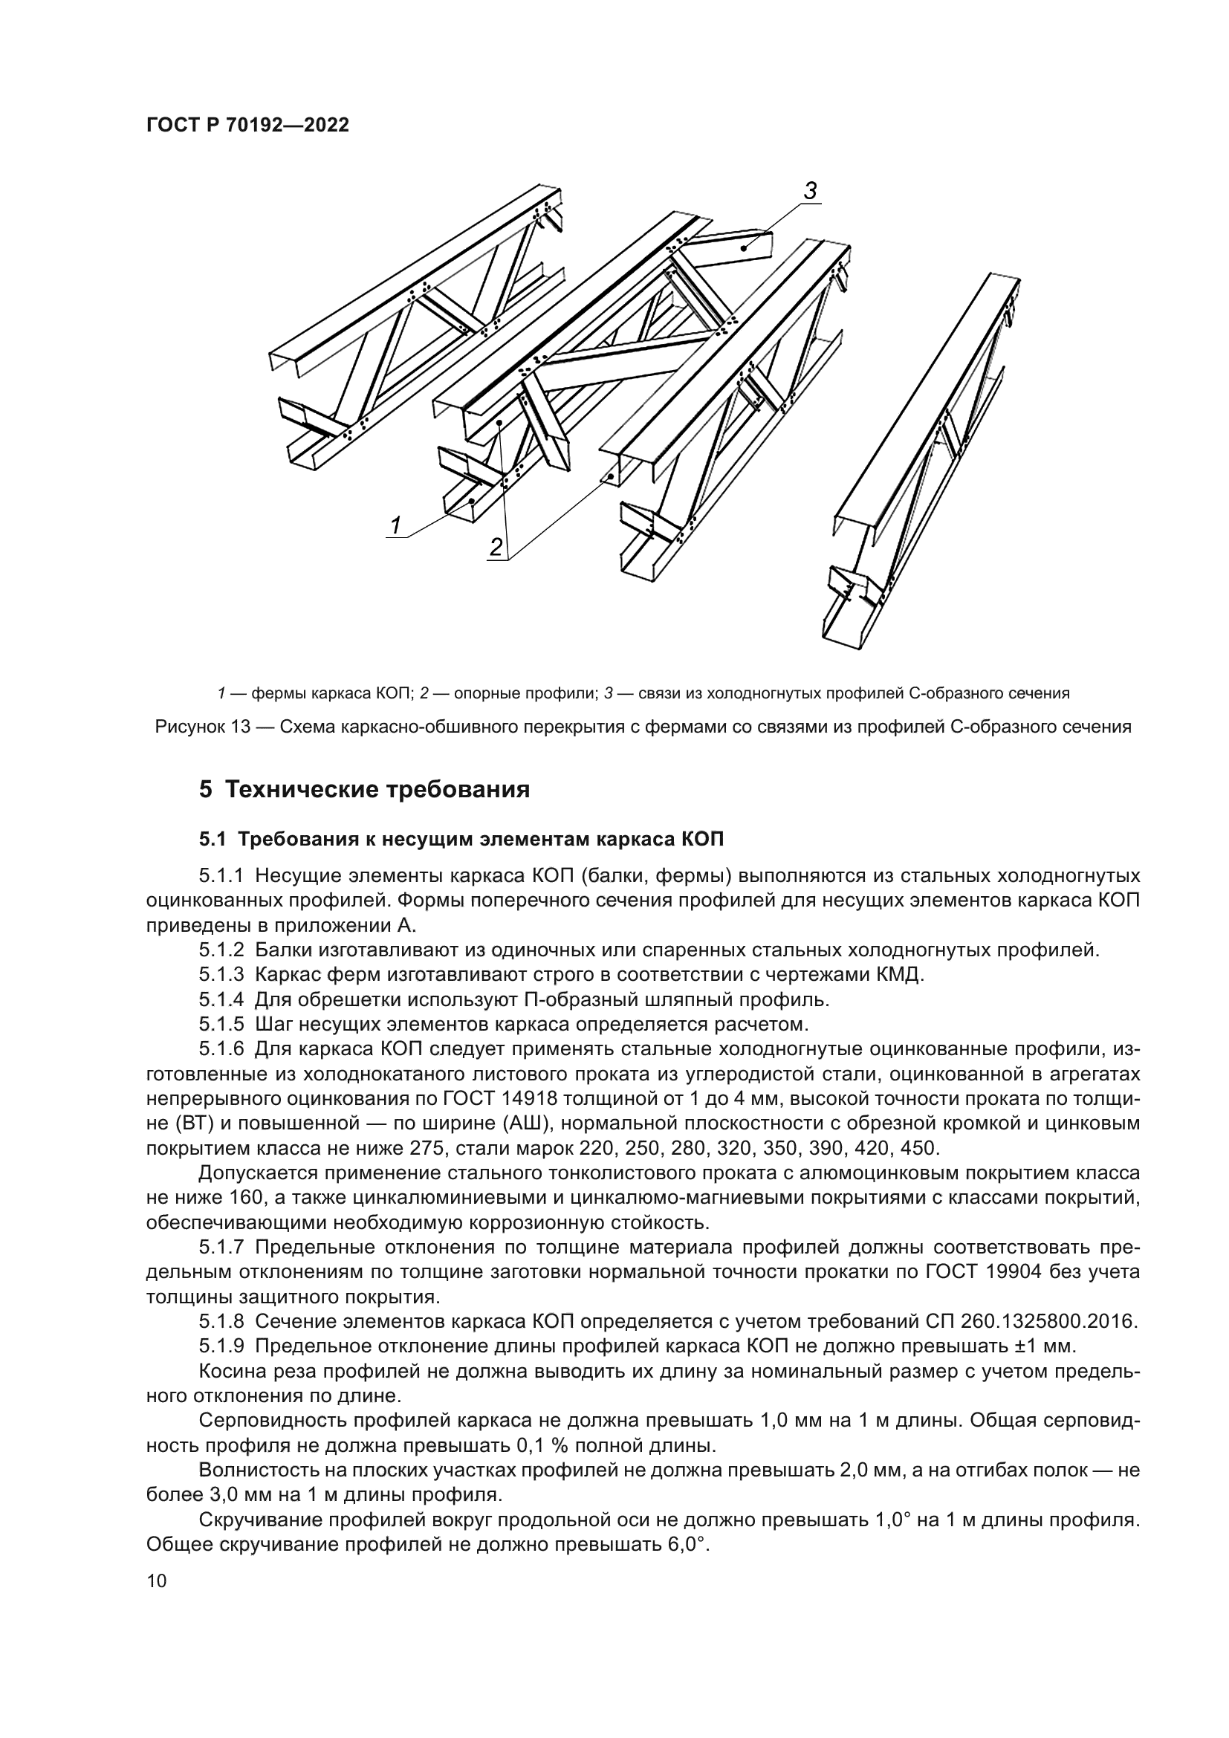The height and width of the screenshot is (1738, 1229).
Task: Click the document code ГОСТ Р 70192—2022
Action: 247,126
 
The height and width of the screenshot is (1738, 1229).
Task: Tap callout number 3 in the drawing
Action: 810,192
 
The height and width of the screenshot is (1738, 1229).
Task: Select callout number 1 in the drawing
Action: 395,524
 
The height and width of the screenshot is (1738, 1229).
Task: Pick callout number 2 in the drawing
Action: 496,547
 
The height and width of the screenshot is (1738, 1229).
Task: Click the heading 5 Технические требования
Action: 364,790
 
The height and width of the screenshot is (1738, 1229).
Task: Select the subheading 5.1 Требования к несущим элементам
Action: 461,840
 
